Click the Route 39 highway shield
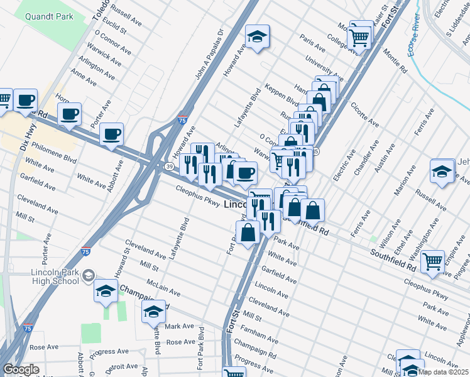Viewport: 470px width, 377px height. (170, 166)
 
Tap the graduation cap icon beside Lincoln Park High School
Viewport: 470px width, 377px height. (106, 290)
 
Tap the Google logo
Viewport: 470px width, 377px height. (20, 370)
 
